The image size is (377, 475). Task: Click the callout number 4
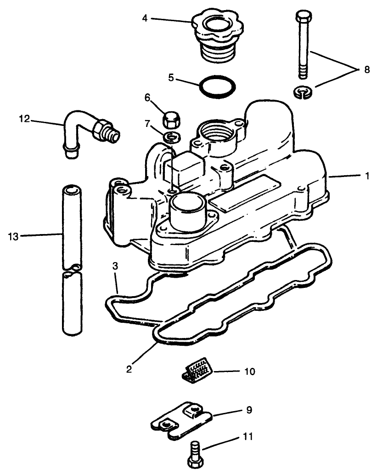tap(145, 18)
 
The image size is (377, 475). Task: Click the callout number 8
tap(366, 70)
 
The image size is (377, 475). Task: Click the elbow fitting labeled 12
tap(90, 131)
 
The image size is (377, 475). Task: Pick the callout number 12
tap(24, 119)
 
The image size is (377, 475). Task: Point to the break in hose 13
tap(72, 270)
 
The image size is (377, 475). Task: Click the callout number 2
tap(129, 369)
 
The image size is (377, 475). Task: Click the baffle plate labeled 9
tap(182, 419)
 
